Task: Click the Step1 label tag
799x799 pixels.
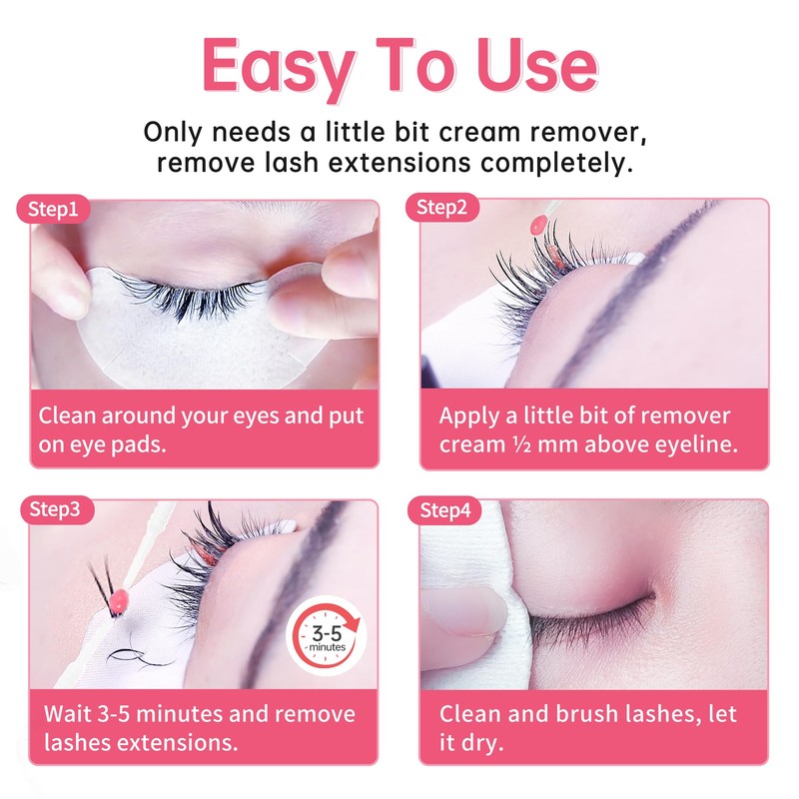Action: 55,209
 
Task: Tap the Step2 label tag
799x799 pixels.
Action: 442,208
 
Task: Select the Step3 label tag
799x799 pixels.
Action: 55,508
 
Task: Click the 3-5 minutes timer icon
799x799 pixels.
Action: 327,638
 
